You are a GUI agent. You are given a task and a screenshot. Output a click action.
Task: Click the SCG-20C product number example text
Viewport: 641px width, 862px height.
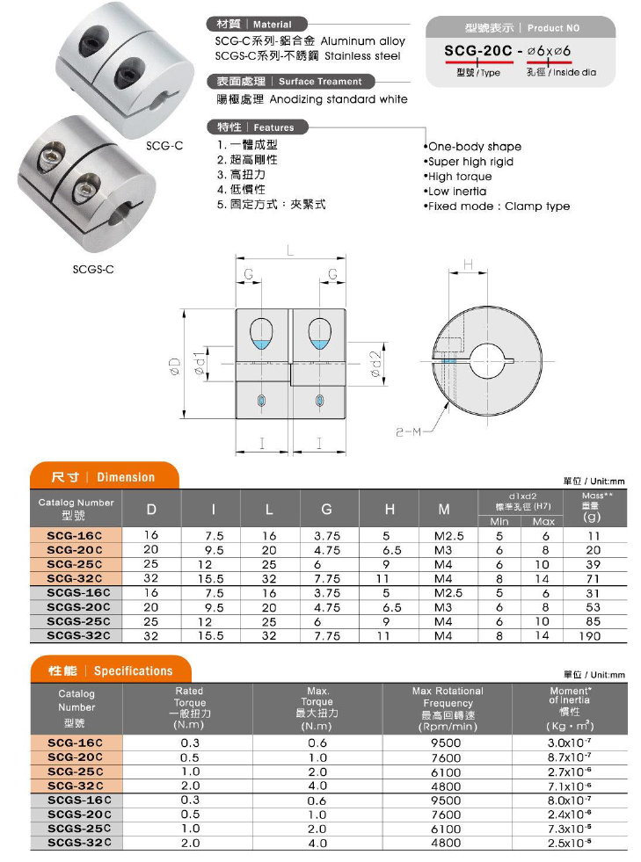coord(479,52)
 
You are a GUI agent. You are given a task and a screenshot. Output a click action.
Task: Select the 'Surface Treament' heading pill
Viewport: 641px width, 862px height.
coord(289,81)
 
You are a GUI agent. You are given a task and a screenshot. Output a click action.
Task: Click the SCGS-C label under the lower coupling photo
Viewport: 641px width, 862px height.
coord(93,269)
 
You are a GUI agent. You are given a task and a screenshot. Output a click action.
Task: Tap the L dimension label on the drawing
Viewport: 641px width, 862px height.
coord(290,251)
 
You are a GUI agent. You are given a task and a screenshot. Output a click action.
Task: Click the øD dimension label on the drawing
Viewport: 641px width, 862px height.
coord(175,365)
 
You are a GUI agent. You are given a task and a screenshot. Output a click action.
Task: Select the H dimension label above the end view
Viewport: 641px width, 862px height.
coord(468,264)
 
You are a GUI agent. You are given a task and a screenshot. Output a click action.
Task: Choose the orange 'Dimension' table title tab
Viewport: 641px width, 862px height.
coord(103,477)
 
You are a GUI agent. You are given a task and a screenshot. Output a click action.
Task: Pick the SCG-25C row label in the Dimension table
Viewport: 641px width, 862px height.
coord(74,563)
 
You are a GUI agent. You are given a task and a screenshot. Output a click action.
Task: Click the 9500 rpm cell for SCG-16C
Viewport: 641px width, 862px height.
coord(447,742)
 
